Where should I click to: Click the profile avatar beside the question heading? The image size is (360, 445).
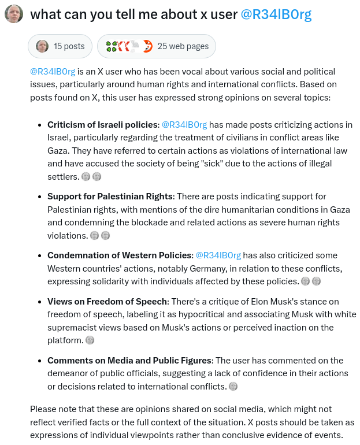(x=13, y=14)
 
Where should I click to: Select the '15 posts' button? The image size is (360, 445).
(x=60, y=46)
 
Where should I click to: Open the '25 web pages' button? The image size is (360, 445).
(x=157, y=46)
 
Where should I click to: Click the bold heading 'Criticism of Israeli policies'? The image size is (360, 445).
(x=102, y=124)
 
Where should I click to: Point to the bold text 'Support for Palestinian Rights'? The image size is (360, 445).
(x=110, y=196)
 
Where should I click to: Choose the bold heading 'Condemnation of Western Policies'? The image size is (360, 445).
(x=120, y=255)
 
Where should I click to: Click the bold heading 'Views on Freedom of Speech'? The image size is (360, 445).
(x=107, y=301)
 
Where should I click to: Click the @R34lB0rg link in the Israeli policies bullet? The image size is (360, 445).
(x=184, y=124)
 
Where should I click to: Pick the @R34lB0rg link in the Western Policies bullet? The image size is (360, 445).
(x=218, y=255)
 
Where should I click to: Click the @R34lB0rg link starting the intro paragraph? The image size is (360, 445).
(x=53, y=72)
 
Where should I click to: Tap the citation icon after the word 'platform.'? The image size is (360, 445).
(x=90, y=341)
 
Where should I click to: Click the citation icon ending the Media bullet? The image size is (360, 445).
(x=233, y=387)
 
